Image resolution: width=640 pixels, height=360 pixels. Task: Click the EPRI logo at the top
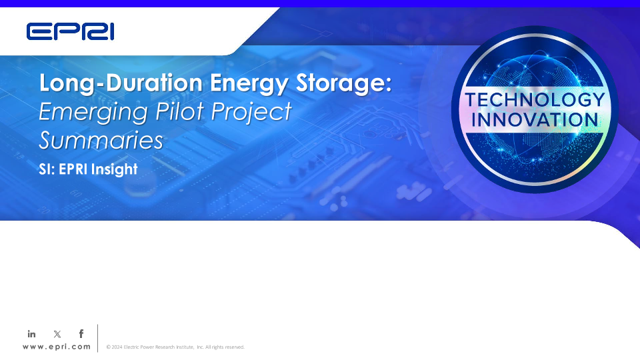[70, 31]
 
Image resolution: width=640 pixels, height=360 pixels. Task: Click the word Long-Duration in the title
[121, 83]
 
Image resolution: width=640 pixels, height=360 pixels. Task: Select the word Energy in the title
[249, 84]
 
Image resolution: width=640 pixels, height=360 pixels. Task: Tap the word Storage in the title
[339, 84]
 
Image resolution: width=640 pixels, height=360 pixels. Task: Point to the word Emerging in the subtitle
[93, 112]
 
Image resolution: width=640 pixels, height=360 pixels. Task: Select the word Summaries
[101, 140]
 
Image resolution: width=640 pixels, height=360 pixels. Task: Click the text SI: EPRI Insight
[88, 169]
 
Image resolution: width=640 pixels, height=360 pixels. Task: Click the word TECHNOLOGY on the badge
[535, 99]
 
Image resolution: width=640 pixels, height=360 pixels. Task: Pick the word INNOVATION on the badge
[535, 120]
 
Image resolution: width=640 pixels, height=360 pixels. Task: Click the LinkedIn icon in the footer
[31, 334]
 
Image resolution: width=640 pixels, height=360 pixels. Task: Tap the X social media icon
[57, 334]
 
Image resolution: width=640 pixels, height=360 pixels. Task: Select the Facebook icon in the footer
[81, 334]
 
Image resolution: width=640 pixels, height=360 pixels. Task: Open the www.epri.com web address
[56, 347]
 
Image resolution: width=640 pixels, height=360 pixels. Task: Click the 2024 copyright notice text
[175, 347]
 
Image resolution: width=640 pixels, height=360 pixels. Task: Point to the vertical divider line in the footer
[98, 338]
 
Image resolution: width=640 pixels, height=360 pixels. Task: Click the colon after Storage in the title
[388, 84]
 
